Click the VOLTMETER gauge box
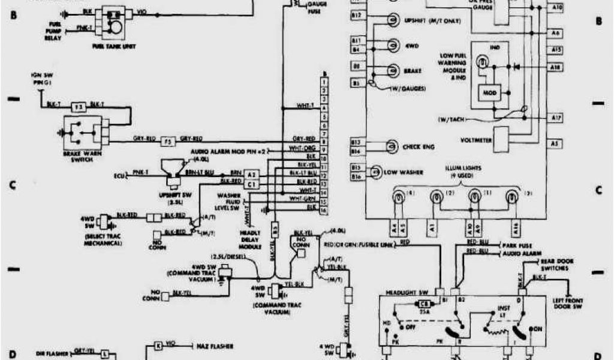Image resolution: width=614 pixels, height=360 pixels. [x=501, y=139]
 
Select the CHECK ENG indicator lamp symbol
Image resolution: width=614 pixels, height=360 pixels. [x=392, y=146]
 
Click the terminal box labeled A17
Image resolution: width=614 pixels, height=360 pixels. [x=556, y=118]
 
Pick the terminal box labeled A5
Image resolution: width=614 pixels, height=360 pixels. [x=556, y=144]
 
